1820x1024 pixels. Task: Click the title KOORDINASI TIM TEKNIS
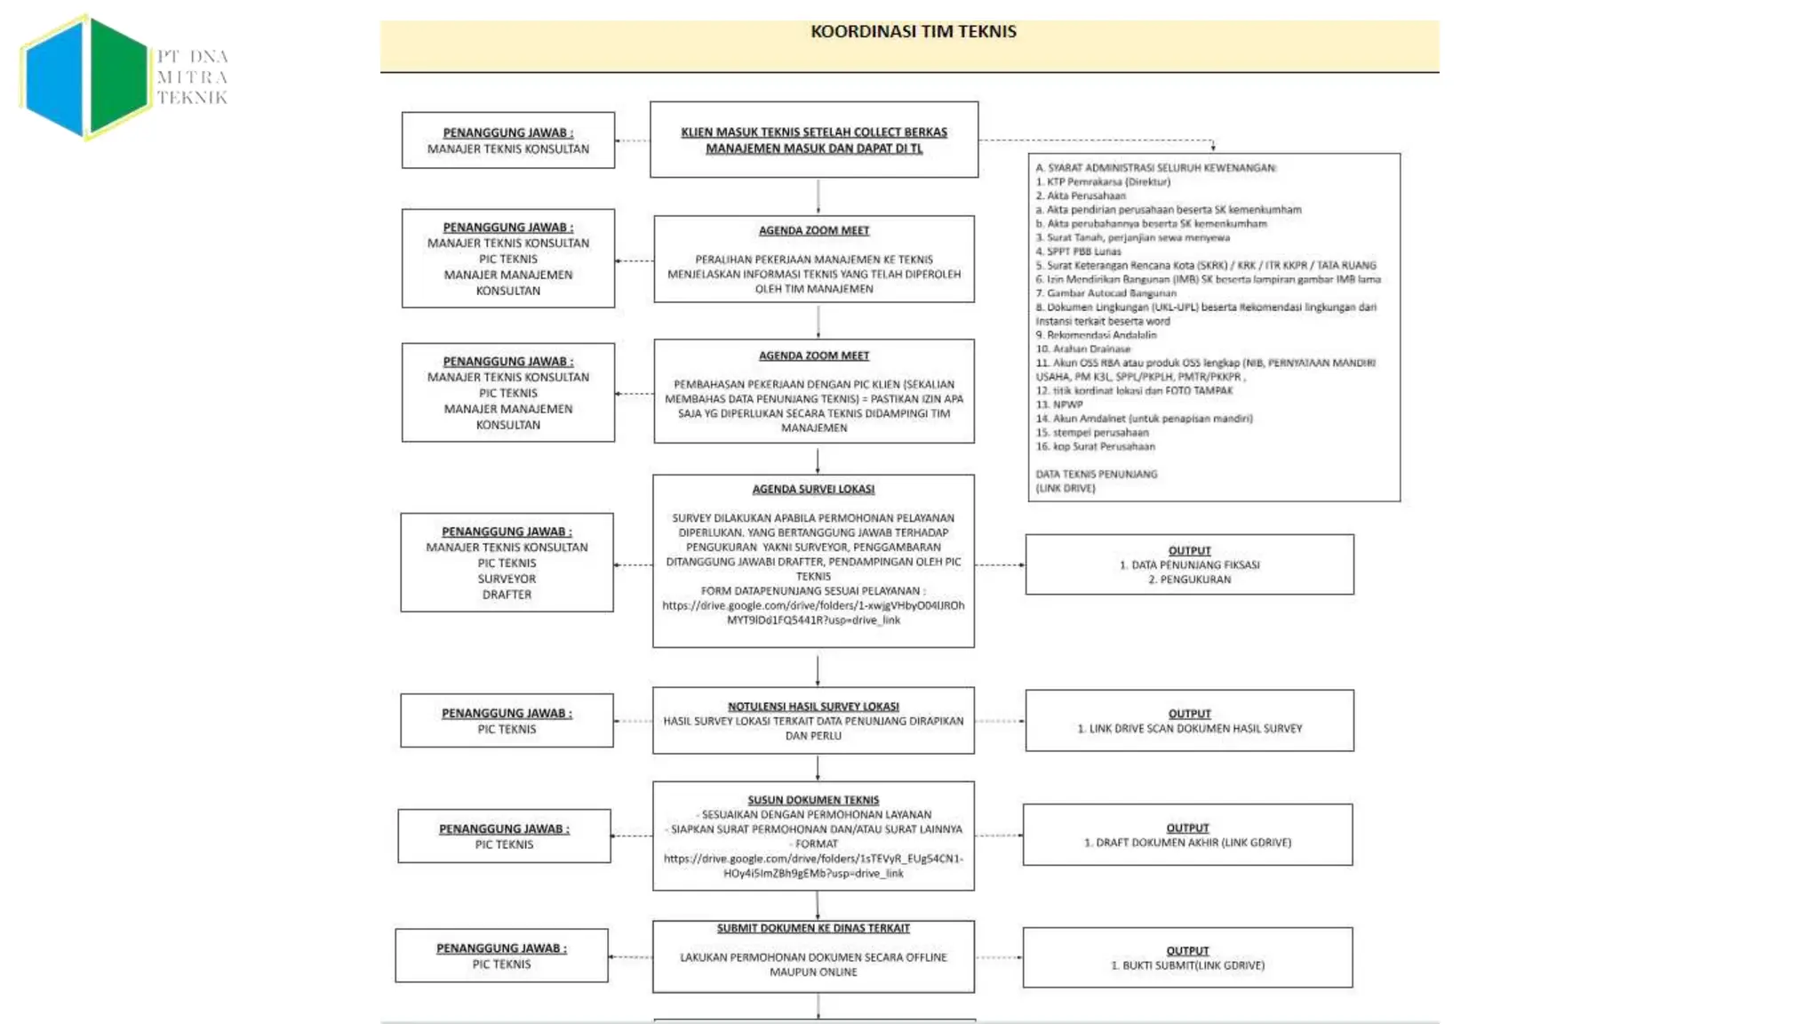pos(913,32)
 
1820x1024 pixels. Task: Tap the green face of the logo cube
pos(118,75)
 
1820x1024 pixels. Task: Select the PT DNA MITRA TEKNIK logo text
pos(192,77)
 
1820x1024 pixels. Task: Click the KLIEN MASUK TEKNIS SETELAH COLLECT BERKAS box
pos(814,140)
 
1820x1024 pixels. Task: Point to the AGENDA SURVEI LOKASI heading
pos(813,490)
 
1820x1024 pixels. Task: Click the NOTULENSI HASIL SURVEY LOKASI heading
pos(813,707)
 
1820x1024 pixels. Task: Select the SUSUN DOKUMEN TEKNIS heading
pos(813,800)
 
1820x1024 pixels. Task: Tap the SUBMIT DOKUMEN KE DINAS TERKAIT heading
pos(813,928)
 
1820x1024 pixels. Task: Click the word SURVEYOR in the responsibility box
pos(507,579)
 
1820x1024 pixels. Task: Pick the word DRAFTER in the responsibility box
pos(507,595)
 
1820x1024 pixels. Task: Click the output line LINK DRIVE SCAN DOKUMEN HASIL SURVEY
pos(1189,729)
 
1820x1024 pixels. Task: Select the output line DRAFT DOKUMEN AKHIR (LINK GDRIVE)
pos(1187,843)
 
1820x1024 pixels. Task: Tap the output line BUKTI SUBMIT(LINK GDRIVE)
pos(1187,965)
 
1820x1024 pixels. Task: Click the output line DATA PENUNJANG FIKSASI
pos(1189,565)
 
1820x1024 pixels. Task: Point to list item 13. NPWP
pos(1058,404)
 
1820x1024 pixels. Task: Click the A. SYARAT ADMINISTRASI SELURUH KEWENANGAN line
pos(1155,168)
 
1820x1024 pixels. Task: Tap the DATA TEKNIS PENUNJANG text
pos(1096,475)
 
